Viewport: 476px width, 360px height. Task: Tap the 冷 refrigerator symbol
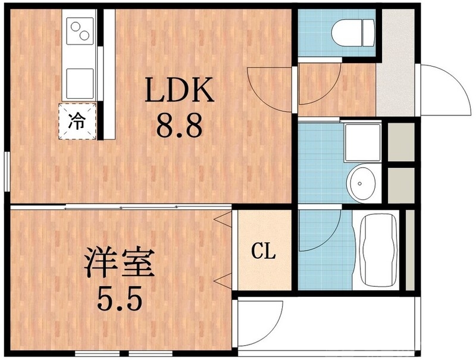coord(77,121)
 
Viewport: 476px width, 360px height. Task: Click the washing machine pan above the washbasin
coord(362,143)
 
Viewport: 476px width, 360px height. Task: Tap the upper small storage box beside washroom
coord(400,142)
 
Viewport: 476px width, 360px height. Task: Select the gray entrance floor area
coord(397,65)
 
